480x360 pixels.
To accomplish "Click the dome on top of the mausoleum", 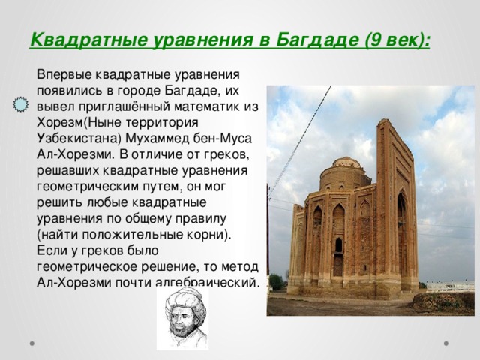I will pyautogui.click(x=346, y=162).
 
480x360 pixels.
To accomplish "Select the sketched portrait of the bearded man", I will pyautogui.click(x=182, y=319).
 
